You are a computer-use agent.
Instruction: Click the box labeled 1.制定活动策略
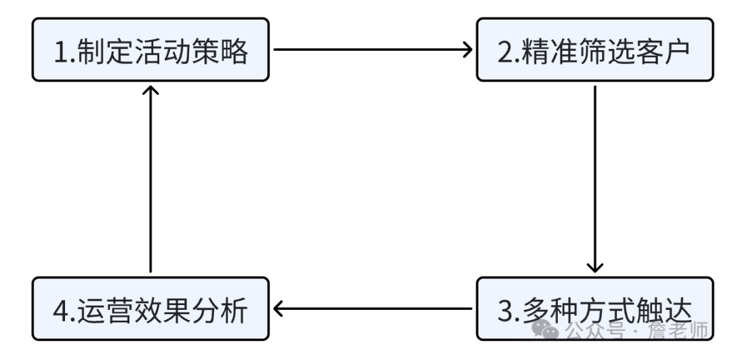tap(150, 50)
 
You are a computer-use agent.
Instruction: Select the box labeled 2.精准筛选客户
tap(594, 50)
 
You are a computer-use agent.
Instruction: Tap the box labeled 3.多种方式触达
tap(594, 309)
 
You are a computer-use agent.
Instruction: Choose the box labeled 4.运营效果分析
tap(150, 309)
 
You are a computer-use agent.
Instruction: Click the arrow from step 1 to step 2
tap(373, 49)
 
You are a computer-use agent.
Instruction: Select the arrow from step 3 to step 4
tap(373, 309)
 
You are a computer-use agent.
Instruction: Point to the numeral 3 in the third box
tap(506, 311)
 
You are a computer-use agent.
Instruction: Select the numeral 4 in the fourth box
tap(60, 311)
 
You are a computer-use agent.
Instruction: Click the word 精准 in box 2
tap(546, 51)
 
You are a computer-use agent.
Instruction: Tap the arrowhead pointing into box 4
tap(278, 309)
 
